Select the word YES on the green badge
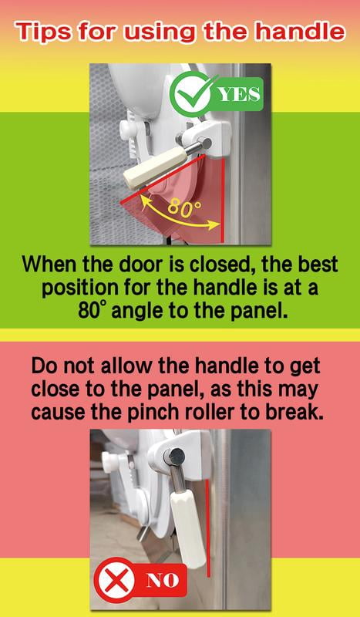coord(240,94)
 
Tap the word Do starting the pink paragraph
coord(45,366)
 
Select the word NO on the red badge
coord(163,580)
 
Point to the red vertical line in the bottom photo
coord(207,528)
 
